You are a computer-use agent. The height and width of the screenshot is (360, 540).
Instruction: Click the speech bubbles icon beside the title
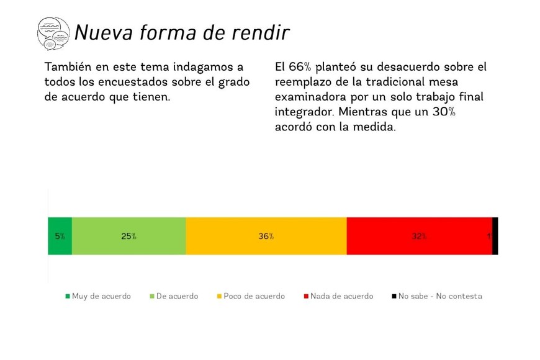click(54, 34)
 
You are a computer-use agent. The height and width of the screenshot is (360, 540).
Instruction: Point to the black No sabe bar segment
click(495, 236)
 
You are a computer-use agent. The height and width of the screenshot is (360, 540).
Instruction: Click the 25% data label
click(129, 236)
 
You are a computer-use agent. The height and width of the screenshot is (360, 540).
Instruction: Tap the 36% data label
click(266, 236)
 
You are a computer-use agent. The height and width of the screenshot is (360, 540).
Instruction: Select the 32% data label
click(419, 236)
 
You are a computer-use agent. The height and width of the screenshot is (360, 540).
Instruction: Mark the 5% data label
click(60, 236)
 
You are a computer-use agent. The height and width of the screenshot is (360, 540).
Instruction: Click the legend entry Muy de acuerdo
click(101, 296)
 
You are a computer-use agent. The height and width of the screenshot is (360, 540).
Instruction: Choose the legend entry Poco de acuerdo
click(254, 296)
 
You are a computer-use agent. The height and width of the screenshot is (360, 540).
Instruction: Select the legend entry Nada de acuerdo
click(341, 296)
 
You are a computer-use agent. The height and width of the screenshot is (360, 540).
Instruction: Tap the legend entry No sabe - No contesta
click(440, 296)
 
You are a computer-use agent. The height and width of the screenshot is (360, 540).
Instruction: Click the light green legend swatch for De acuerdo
click(152, 296)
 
